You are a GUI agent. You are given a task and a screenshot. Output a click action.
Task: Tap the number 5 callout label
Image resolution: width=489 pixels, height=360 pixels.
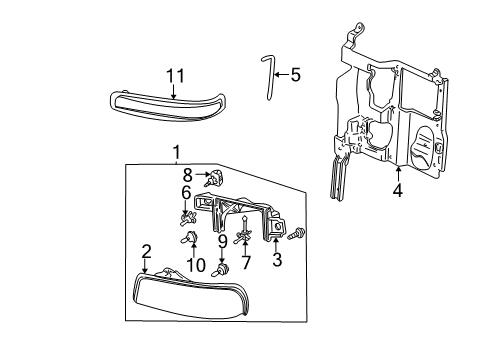[295, 74]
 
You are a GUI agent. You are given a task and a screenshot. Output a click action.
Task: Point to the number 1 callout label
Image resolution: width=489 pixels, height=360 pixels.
[176, 153]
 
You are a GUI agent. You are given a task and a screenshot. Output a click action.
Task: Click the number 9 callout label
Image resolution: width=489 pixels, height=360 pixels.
[222, 242]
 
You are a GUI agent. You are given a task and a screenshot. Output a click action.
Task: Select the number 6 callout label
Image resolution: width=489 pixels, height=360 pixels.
[186, 192]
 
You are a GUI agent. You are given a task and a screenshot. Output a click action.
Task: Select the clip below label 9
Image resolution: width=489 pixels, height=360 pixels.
[223, 269]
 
